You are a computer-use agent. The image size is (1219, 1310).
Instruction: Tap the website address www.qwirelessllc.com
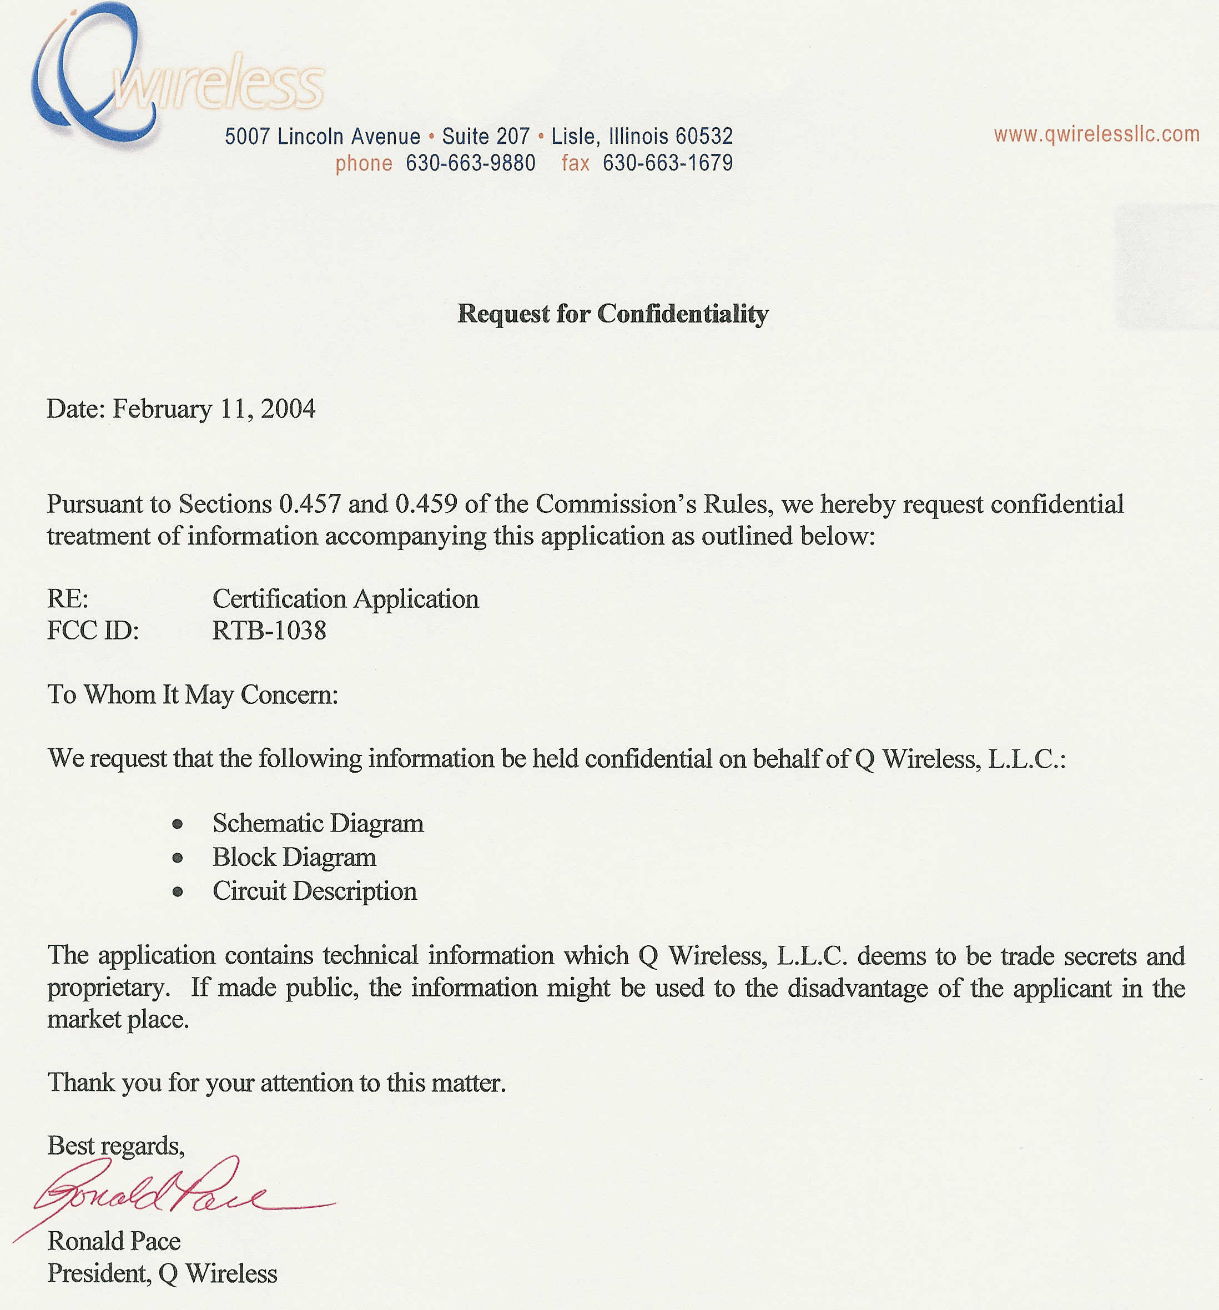[1096, 134]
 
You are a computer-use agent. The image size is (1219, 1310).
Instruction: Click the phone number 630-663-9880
[470, 163]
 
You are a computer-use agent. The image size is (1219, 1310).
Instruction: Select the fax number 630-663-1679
[667, 163]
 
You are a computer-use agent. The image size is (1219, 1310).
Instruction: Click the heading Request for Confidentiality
[612, 314]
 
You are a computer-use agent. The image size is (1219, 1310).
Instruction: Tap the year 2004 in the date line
[288, 409]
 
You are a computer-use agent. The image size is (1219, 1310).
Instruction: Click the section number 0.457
[310, 504]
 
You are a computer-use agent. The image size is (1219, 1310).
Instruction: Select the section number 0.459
[426, 504]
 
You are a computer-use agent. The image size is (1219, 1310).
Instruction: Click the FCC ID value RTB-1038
[269, 631]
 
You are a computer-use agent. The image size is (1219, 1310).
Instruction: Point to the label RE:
[67, 599]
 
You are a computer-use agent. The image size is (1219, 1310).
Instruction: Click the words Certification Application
[345, 599]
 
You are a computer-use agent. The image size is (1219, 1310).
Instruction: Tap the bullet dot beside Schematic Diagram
[177, 824]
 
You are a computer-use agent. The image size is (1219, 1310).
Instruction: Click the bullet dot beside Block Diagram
[177, 858]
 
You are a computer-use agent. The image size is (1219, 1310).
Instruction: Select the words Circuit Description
[314, 891]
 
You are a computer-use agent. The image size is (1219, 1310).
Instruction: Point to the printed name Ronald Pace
[113, 1241]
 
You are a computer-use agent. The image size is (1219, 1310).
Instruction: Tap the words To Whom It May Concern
[193, 694]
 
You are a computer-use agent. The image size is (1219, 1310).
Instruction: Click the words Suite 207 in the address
[486, 137]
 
